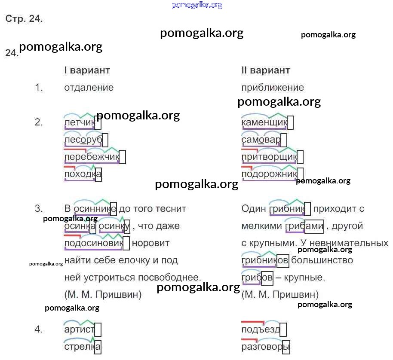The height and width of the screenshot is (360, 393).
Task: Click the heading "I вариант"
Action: tap(87, 70)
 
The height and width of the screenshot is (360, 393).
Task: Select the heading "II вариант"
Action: tap(266, 70)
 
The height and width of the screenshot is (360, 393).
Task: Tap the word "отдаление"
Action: tap(89, 88)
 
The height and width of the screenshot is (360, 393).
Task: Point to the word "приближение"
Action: tap(273, 88)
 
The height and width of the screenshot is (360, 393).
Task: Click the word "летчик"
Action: tap(79, 123)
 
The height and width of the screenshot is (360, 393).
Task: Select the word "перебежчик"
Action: tap(92, 157)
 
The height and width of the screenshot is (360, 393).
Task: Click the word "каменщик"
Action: tap(264, 123)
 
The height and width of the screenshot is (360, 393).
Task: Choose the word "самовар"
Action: tap(261, 140)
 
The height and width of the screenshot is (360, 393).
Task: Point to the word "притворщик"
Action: tap(269, 157)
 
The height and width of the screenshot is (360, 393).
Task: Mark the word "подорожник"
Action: tap(269, 174)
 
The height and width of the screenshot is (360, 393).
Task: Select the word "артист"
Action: tap(79, 329)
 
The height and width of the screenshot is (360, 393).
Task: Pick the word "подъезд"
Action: tap(261, 329)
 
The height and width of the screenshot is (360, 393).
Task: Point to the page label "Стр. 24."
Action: tap(24, 19)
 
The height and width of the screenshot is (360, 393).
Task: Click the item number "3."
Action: tap(39, 209)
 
